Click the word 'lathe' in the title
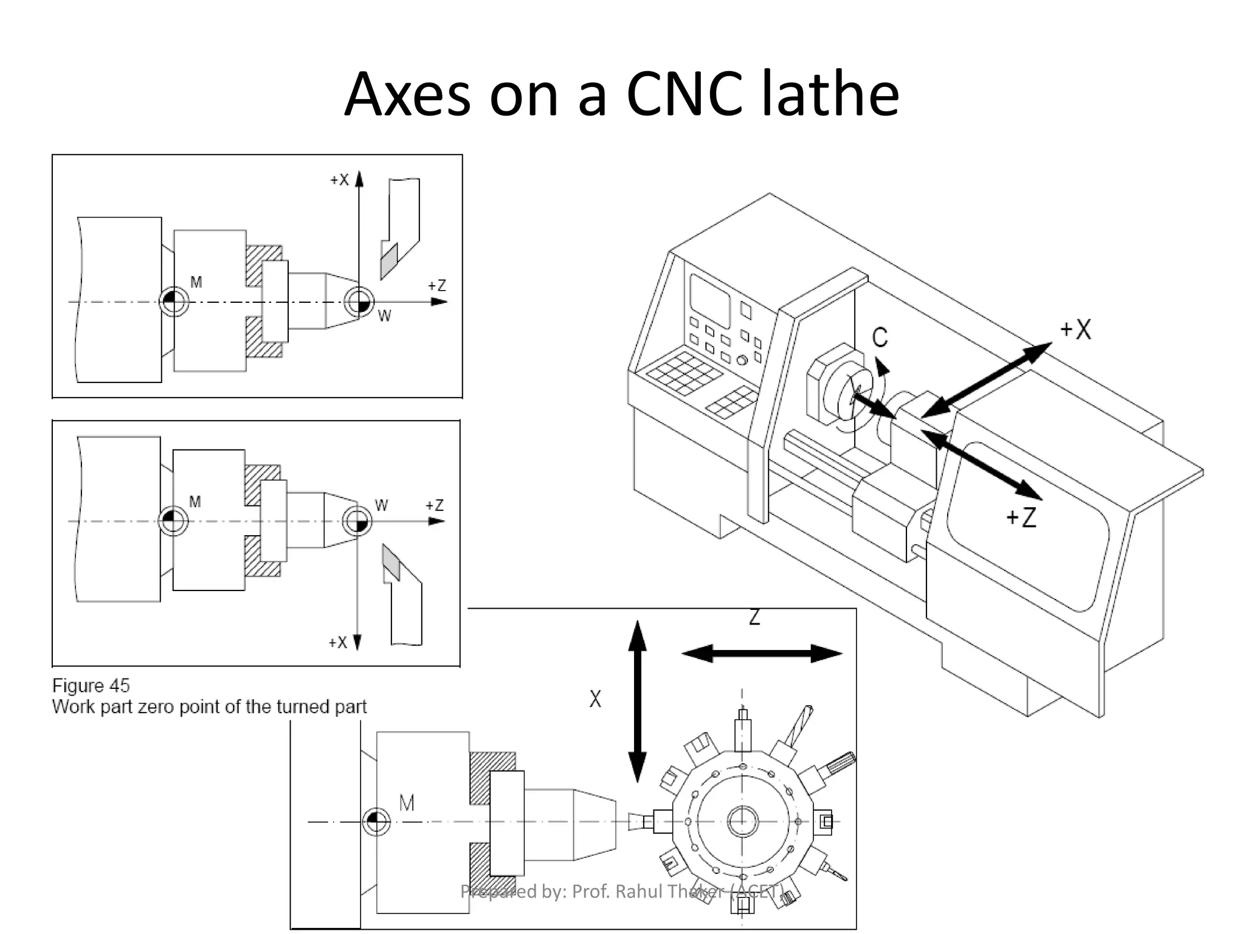click(x=830, y=94)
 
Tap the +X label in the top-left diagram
click(x=339, y=180)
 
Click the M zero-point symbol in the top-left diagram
click(x=173, y=302)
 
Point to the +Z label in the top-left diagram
click(x=437, y=286)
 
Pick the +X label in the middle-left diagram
click(x=337, y=643)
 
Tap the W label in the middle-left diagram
click(x=381, y=505)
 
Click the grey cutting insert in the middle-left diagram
click(x=391, y=562)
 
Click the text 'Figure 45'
click(x=91, y=686)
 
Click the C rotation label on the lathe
click(x=880, y=337)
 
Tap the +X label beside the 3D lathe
click(x=1075, y=330)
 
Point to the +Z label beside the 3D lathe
click(x=1021, y=517)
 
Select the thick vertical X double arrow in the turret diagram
click(x=637, y=701)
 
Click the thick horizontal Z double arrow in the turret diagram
click(x=762, y=654)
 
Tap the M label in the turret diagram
click(x=407, y=803)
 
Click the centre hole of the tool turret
click(x=742, y=822)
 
